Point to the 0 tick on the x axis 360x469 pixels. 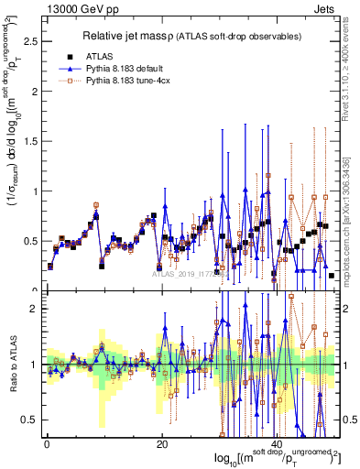(x=46, y=443)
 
